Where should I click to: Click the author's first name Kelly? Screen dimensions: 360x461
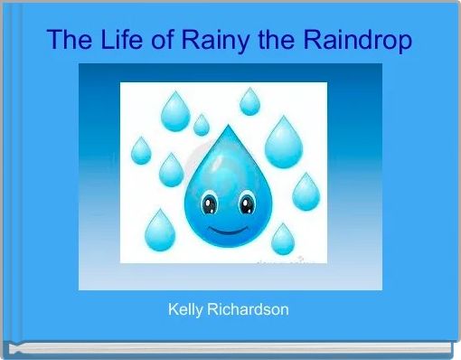point(187,309)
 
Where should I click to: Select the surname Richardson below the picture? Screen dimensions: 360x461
point(250,309)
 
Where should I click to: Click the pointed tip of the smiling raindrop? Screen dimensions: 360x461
point(228,128)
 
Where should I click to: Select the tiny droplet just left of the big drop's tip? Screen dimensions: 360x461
point(201,125)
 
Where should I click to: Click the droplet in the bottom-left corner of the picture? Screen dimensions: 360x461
point(160,231)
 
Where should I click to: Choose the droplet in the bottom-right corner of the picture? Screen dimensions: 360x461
point(283,239)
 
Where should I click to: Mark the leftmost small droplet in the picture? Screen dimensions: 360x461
point(141,150)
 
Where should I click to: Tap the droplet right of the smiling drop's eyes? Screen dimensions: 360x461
point(305,191)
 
